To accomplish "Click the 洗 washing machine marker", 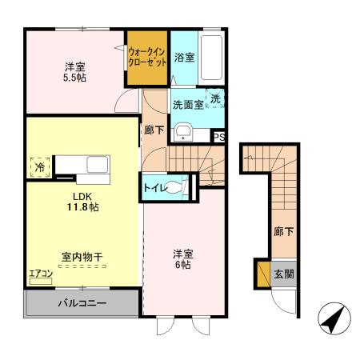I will tap(215, 98).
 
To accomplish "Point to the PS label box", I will tap(219, 138).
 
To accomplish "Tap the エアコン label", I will tap(40, 274).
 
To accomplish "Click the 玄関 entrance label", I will tap(284, 274).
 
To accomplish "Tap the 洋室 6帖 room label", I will tap(183, 259).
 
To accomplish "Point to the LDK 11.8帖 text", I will tap(82, 200).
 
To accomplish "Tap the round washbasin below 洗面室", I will tap(183, 132).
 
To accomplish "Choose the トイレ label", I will tap(156, 187).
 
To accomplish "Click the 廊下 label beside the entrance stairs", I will tap(280, 232).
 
